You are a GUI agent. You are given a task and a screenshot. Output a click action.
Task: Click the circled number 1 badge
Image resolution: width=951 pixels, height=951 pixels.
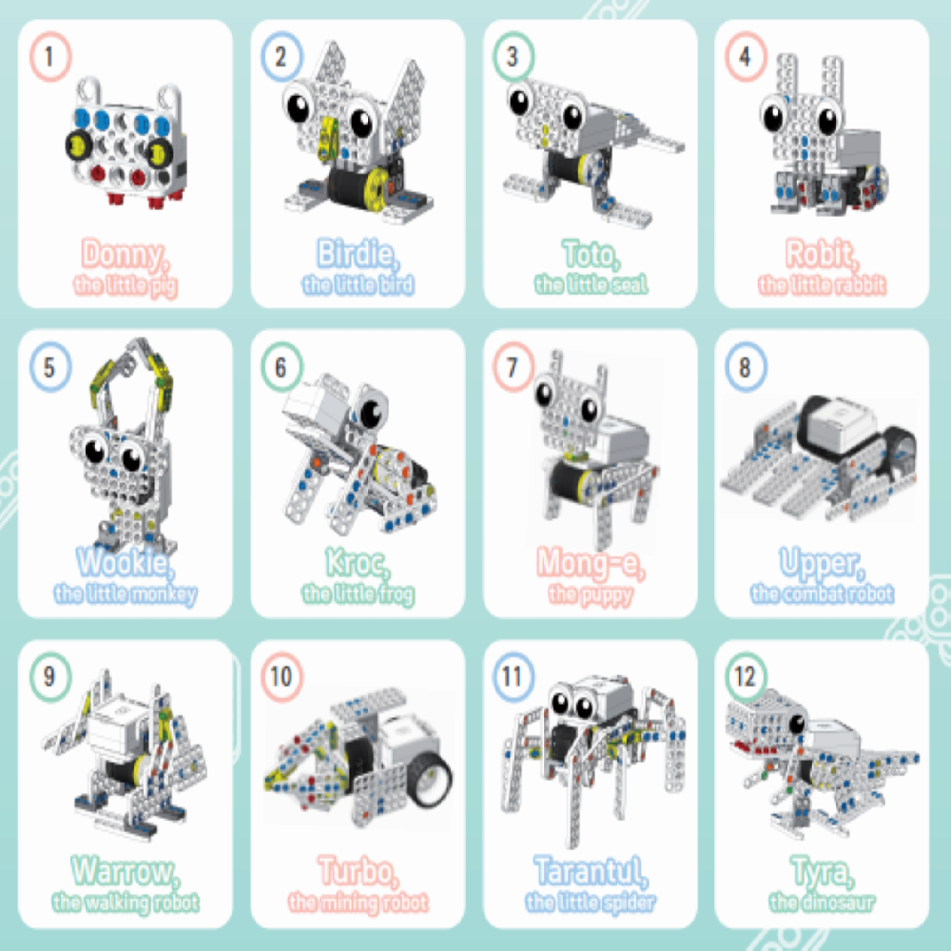click(50, 56)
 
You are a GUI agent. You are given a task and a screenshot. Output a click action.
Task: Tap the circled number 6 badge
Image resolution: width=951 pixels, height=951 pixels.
click(282, 367)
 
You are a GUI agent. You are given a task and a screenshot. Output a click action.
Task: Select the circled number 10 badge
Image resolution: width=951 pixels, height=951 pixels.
click(282, 677)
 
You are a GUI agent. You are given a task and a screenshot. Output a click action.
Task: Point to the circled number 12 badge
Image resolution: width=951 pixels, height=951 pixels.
click(746, 677)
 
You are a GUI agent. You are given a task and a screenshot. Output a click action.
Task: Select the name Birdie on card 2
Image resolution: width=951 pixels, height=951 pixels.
click(358, 254)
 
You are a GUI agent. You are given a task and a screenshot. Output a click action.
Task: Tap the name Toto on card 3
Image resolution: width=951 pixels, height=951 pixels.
click(591, 255)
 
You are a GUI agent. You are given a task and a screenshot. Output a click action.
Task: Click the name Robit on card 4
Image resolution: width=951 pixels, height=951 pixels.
click(822, 254)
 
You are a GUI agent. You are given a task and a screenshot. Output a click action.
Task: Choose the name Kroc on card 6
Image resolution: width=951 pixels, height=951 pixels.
click(358, 563)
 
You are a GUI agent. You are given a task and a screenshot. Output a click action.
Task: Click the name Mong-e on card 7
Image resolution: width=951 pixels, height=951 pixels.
click(591, 563)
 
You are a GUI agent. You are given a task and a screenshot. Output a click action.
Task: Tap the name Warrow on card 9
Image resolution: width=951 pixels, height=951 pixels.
click(125, 872)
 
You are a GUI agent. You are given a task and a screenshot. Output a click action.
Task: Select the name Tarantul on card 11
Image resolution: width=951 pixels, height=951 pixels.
click(591, 872)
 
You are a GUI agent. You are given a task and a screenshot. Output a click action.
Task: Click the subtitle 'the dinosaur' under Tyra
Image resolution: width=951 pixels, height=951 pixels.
click(822, 903)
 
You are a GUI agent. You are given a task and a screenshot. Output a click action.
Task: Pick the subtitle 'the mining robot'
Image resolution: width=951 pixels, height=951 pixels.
click(358, 903)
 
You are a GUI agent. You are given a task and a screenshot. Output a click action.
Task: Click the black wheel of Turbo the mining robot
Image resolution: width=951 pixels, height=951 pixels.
click(430, 779)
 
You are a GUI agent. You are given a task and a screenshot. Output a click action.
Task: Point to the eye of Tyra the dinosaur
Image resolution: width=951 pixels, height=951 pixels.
click(796, 723)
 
